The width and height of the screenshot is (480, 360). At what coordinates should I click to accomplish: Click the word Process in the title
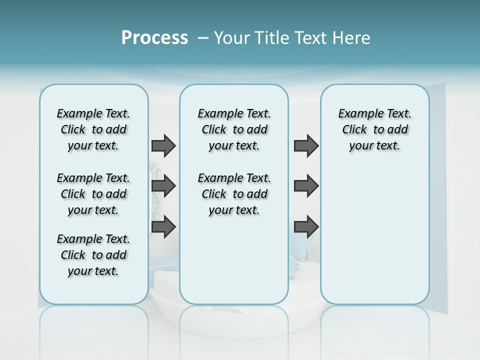154,37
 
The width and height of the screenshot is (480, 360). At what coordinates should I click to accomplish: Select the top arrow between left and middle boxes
163,146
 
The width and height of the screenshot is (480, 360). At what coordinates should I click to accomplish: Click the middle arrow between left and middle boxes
163,186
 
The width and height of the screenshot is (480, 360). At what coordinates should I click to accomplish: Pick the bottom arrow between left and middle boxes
163,226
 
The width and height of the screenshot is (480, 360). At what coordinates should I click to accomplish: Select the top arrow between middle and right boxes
306,146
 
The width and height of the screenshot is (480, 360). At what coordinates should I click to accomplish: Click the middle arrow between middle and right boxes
306,186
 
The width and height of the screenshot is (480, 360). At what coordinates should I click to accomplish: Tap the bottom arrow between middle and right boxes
306,226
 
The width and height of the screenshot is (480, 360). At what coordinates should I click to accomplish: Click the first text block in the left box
93,129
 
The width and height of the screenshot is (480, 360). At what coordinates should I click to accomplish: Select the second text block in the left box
93,194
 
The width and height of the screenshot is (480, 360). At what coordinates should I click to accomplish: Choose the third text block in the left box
93,255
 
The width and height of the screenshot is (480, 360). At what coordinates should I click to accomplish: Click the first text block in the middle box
234,129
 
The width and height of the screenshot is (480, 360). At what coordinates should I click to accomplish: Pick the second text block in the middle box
234,194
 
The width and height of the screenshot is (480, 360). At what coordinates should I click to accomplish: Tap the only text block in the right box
374,129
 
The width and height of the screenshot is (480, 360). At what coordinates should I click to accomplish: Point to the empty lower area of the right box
374,240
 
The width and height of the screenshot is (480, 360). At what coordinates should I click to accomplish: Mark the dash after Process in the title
203,38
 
